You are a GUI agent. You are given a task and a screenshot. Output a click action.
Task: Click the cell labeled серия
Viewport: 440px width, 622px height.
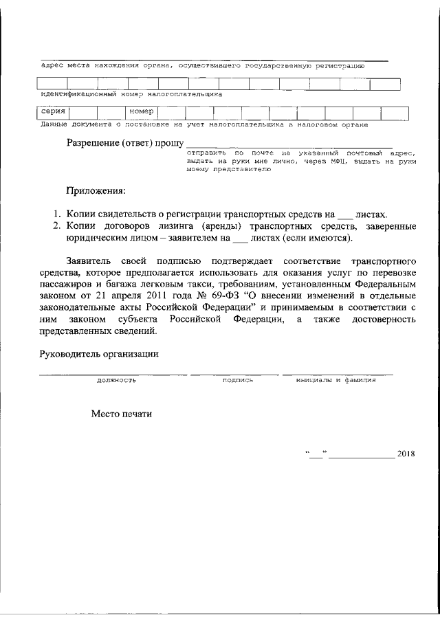(53, 111)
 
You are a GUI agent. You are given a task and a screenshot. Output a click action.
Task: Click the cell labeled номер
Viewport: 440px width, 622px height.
(141, 111)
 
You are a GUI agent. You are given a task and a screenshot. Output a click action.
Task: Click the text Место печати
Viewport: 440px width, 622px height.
(120, 414)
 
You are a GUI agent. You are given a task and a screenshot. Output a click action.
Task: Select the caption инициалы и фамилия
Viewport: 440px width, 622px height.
(336, 379)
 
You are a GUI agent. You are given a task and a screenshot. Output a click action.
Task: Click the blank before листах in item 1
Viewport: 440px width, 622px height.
(347, 215)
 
